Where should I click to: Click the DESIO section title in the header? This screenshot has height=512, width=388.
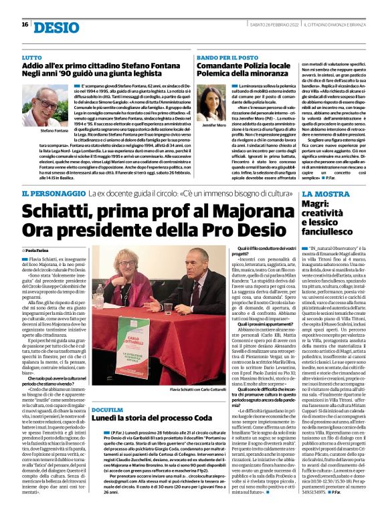pyautogui.click(x=56, y=26)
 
